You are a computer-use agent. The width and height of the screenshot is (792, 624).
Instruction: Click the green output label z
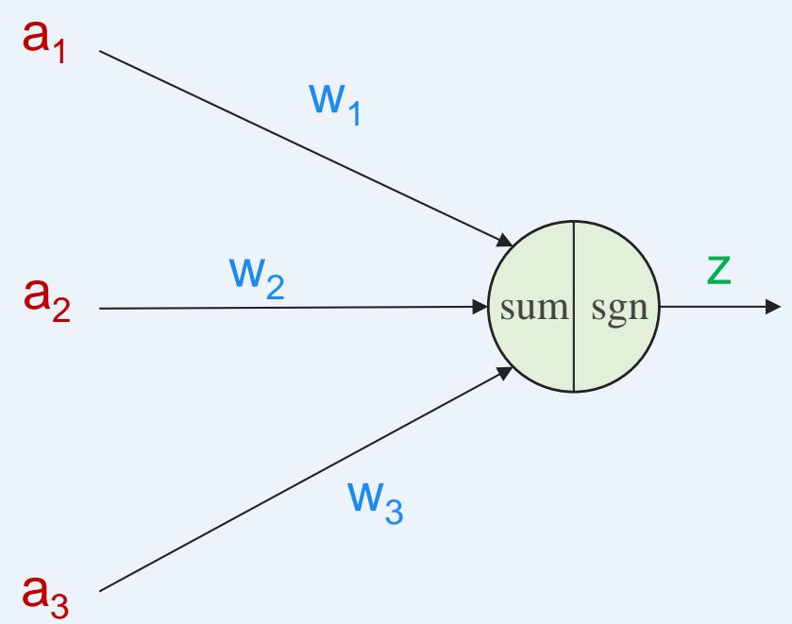(x=719, y=270)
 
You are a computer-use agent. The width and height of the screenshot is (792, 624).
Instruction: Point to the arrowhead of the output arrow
(x=772, y=307)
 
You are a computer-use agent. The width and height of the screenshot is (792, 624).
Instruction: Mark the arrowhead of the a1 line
(x=506, y=240)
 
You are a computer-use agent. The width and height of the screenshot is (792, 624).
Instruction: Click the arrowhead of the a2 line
(x=480, y=307)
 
